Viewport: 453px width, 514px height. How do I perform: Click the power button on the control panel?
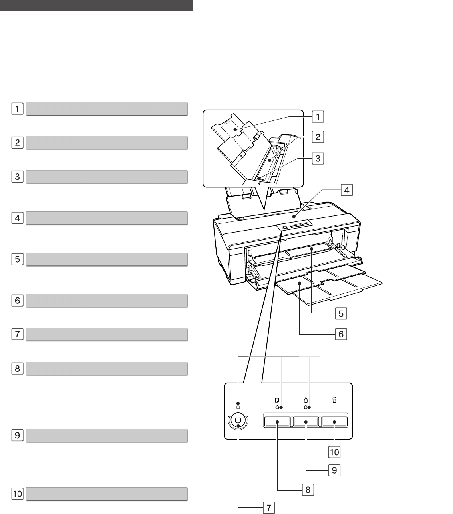pyautogui.click(x=238, y=420)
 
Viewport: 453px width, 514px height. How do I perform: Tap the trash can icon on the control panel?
pyautogui.click(x=334, y=400)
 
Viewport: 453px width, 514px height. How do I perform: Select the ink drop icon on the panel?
pyautogui.click(x=306, y=400)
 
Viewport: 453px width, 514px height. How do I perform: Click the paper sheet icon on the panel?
pyautogui.click(x=277, y=400)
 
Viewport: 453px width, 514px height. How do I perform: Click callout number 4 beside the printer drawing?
pyautogui.click(x=347, y=190)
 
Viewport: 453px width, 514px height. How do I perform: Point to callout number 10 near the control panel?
pyautogui.click(x=334, y=452)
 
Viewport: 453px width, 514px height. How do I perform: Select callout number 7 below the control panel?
pyautogui.click(x=269, y=508)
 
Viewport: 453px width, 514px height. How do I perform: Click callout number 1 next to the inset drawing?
pyautogui.click(x=318, y=117)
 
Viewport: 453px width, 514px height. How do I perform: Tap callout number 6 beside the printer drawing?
pyautogui.click(x=341, y=334)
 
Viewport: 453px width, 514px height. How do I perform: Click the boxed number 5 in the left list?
pyautogui.click(x=17, y=259)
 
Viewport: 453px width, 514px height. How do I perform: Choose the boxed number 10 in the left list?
pyautogui.click(x=17, y=494)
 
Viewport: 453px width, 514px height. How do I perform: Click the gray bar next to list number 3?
pyautogui.click(x=107, y=177)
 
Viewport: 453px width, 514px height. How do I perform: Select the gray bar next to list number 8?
pyautogui.click(x=107, y=369)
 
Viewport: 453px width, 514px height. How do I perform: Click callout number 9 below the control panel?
pyautogui.click(x=334, y=470)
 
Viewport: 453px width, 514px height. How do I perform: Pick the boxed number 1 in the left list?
pyautogui.click(x=17, y=109)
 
